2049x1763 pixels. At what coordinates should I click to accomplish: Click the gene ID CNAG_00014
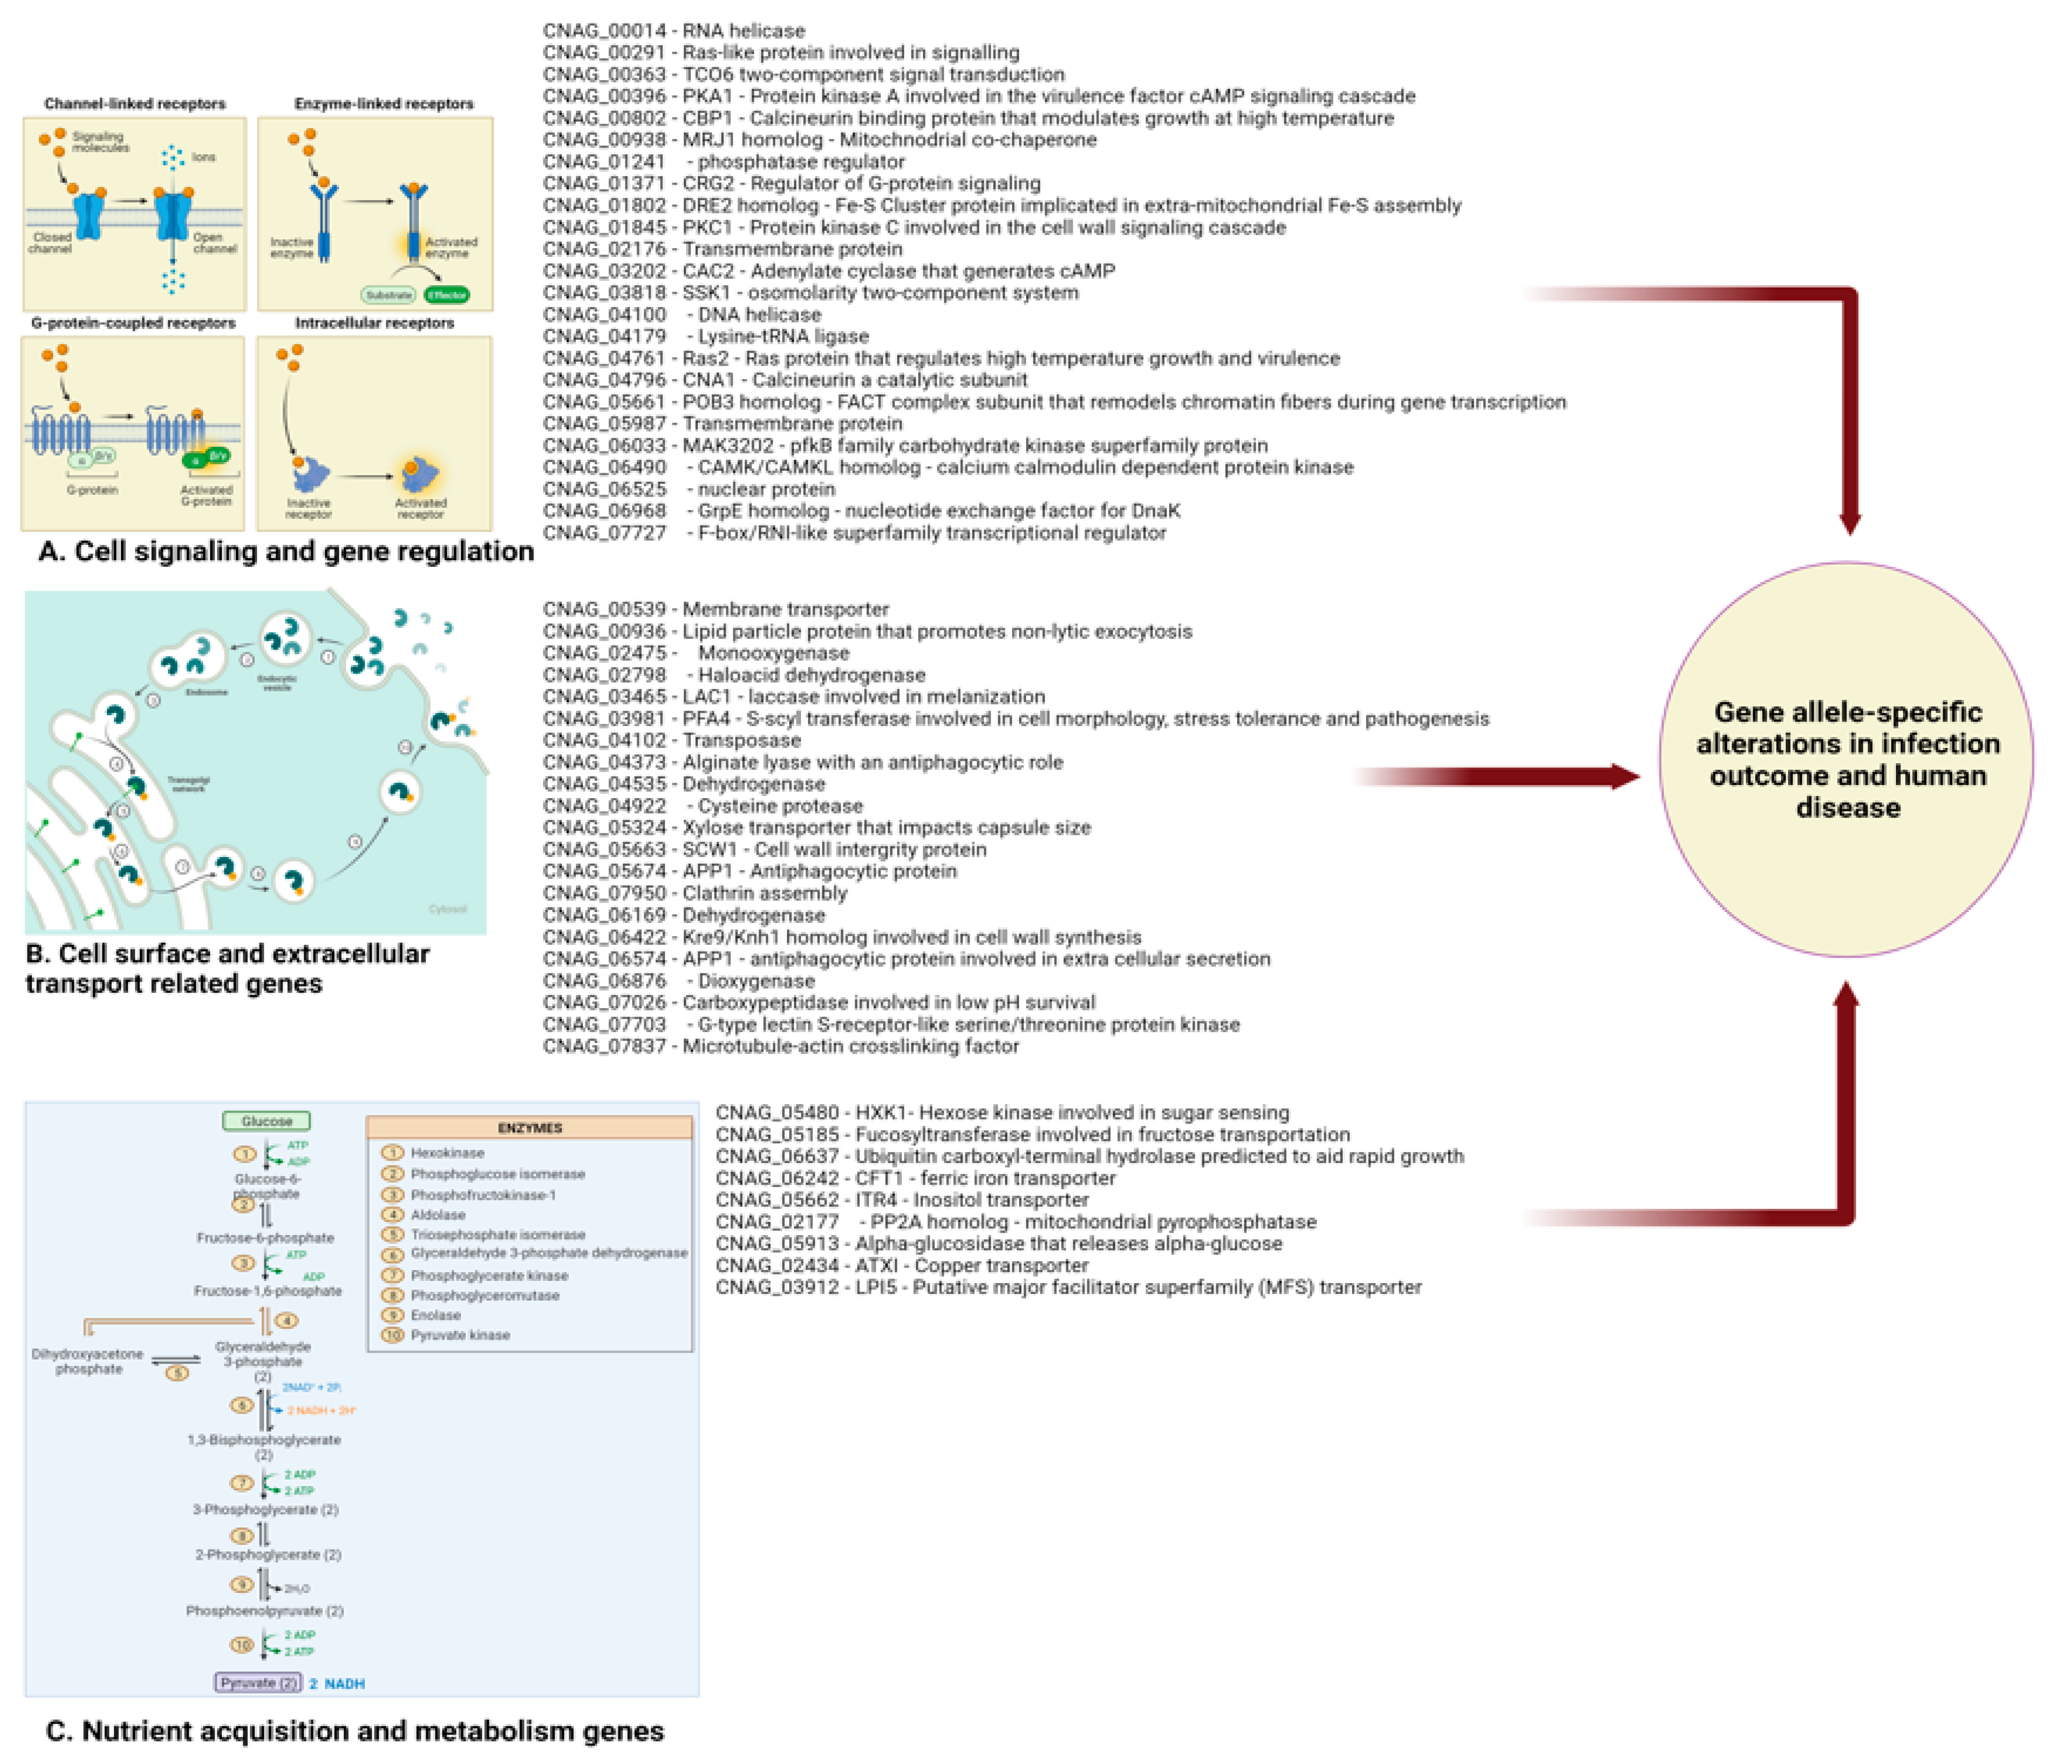point(603,31)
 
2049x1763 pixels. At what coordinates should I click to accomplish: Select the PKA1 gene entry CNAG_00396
point(603,96)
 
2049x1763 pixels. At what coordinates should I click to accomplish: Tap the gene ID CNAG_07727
point(603,533)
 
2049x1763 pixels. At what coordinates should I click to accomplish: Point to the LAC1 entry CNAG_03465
point(603,696)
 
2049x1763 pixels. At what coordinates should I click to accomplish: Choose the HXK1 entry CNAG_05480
point(776,1112)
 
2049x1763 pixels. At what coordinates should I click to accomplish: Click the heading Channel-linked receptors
point(135,104)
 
